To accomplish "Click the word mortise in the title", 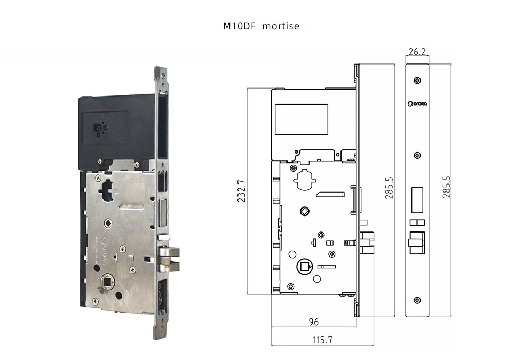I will tap(281, 26).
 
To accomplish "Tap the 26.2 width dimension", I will tap(417, 52).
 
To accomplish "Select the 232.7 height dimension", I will tap(241, 191).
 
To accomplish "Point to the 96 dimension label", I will tap(314, 322).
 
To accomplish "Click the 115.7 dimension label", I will tap(322, 339).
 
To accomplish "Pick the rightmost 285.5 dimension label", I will tap(447, 187).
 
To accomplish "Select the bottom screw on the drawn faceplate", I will tap(417, 300).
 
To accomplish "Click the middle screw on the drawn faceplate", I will tap(417, 155).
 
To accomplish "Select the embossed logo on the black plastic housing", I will tap(100, 129).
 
